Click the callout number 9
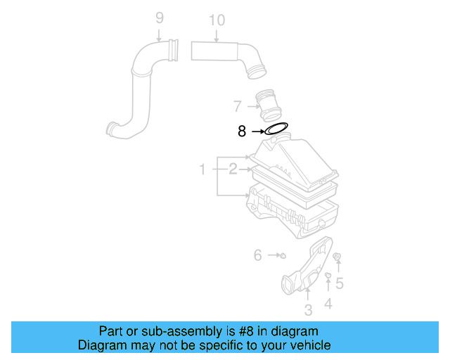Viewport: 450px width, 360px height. (x=159, y=17)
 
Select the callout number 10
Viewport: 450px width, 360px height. (x=217, y=20)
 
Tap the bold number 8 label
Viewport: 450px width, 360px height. (x=242, y=131)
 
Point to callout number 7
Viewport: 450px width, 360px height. (x=238, y=106)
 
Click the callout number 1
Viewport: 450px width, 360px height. (x=202, y=169)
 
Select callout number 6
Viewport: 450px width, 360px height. (x=257, y=255)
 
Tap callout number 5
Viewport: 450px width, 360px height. (x=339, y=283)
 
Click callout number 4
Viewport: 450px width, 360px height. (x=328, y=304)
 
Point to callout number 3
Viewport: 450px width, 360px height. (x=308, y=310)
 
